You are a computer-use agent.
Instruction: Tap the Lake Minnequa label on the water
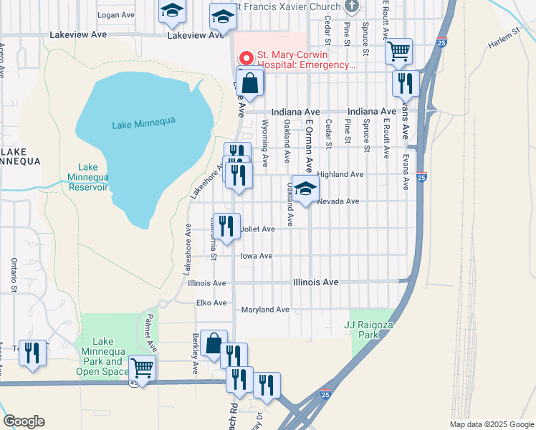[143, 125]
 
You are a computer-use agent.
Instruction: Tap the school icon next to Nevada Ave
[305, 190]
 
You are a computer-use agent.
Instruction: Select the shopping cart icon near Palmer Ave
[143, 369]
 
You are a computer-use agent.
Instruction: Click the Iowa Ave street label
[257, 256]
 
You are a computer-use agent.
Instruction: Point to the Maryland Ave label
[264, 310]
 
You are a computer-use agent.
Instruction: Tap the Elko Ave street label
[211, 303]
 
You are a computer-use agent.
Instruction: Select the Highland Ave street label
[340, 174]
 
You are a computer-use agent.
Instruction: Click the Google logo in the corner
[24, 421]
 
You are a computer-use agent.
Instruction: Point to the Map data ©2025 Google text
[491, 424]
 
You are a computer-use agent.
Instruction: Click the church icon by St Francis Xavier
[351, 6]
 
